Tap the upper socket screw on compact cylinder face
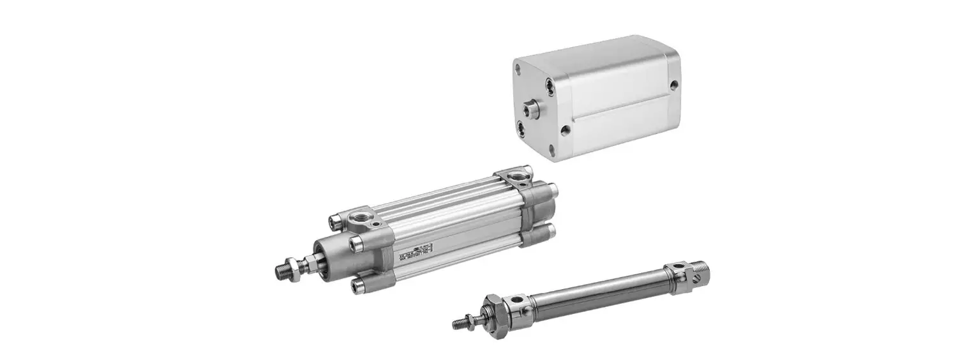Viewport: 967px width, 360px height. pos(549,86)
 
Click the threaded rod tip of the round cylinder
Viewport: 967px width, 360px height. pos(457,324)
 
